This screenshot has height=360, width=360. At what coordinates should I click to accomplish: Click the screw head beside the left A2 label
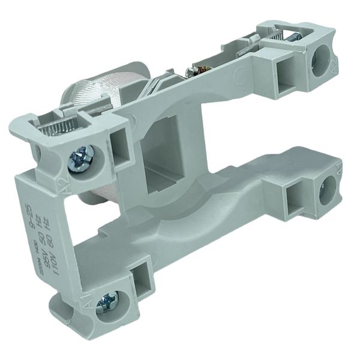tap(80, 160)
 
